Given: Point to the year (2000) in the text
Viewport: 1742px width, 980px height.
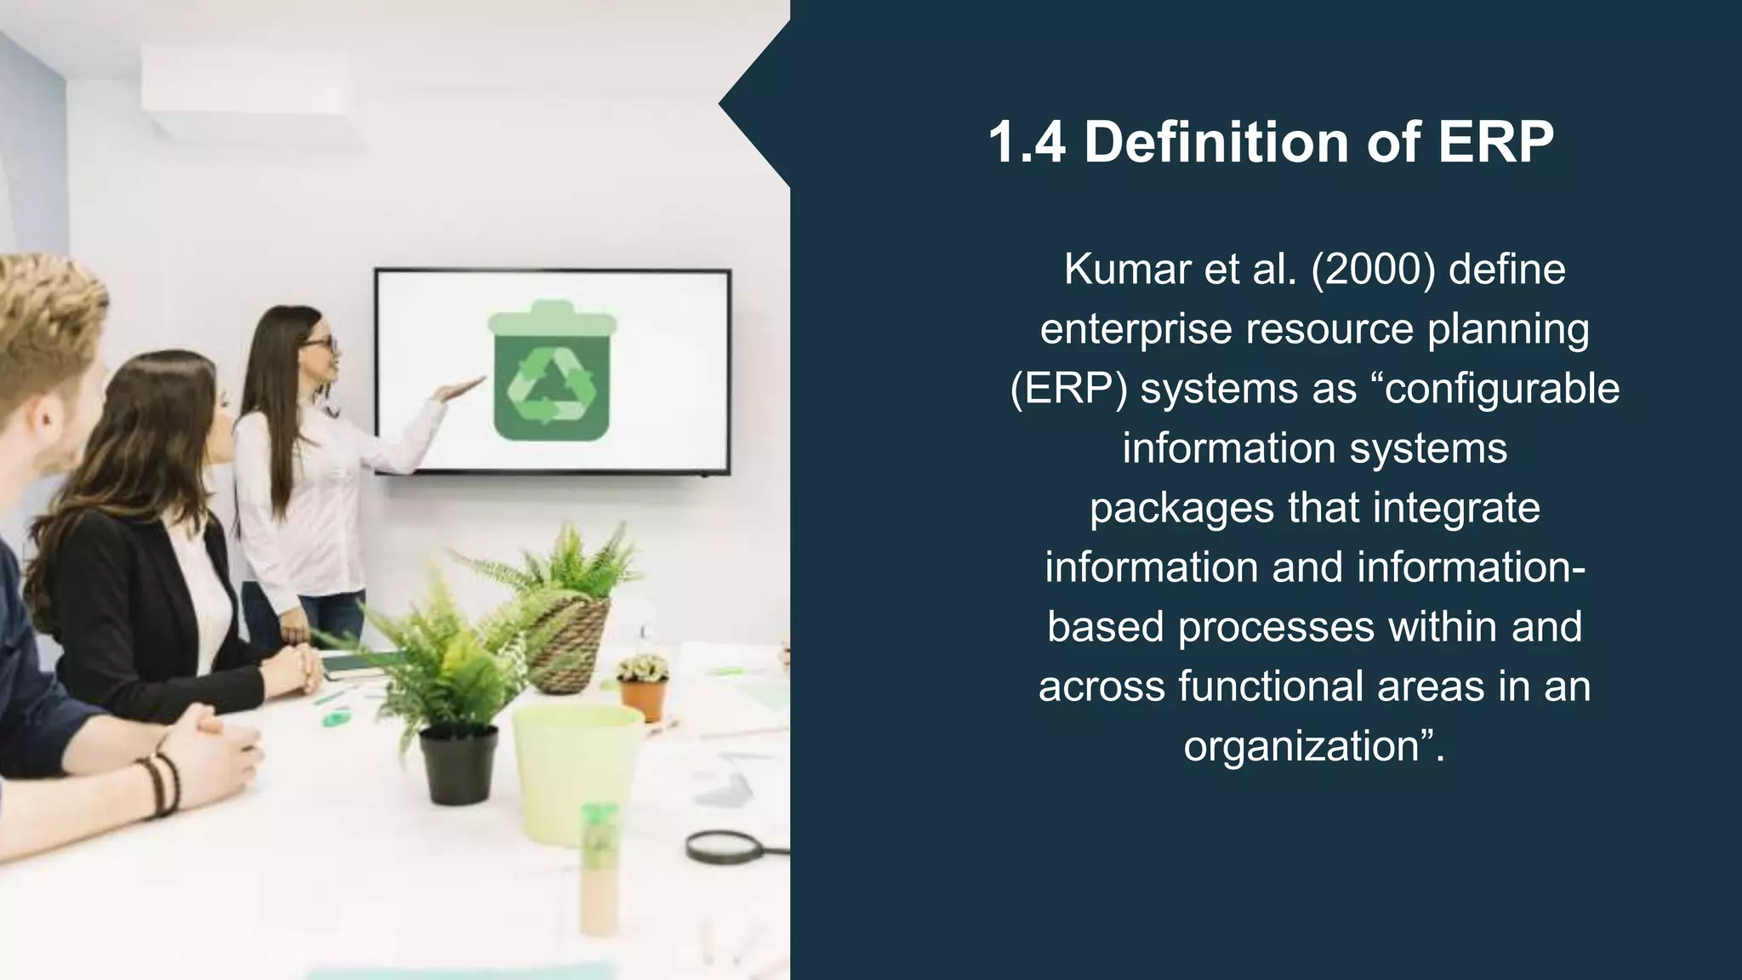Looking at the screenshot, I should [x=1374, y=270].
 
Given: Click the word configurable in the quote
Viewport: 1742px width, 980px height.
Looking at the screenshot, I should [x=1503, y=389].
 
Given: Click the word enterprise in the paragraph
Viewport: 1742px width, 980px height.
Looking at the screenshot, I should [x=1136, y=329].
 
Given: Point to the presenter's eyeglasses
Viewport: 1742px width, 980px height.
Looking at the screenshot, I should [x=322, y=343].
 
